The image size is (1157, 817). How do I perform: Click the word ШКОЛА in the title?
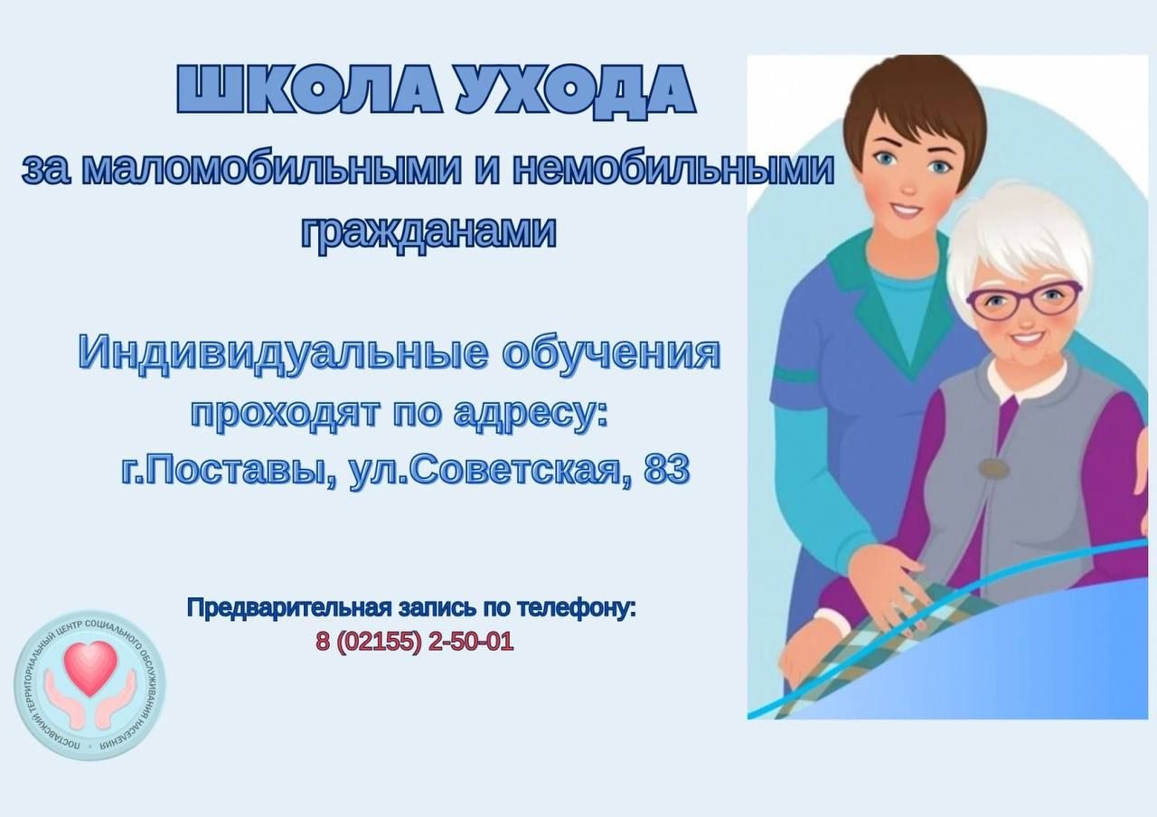click(x=308, y=89)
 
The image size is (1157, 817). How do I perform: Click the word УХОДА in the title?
click(x=576, y=89)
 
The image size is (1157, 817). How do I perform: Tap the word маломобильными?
click(x=271, y=169)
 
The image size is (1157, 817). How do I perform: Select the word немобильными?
click(x=673, y=169)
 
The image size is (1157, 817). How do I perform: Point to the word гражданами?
click(x=428, y=231)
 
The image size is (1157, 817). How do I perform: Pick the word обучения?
click(x=611, y=353)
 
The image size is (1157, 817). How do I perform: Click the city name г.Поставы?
click(x=229, y=471)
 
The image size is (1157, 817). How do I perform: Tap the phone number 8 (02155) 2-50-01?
click(x=414, y=642)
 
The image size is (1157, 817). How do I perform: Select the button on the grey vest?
click(x=990, y=469)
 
